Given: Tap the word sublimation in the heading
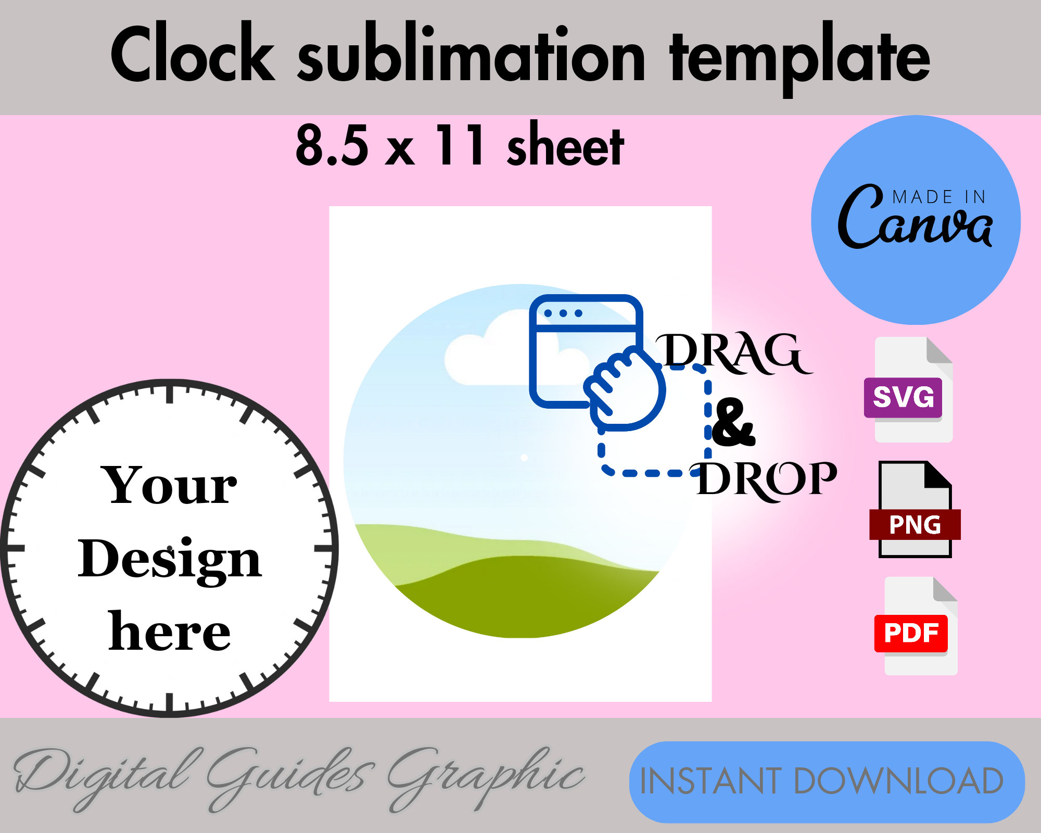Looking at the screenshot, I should tap(471, 57).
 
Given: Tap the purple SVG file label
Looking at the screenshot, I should tap(903, 397).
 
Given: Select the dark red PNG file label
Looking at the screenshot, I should tap(915, 524).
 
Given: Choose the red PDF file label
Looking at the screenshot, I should tap(911, 633).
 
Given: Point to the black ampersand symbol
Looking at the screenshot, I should tap(733, 423).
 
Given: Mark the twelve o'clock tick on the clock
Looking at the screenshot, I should tap(170, 394).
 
